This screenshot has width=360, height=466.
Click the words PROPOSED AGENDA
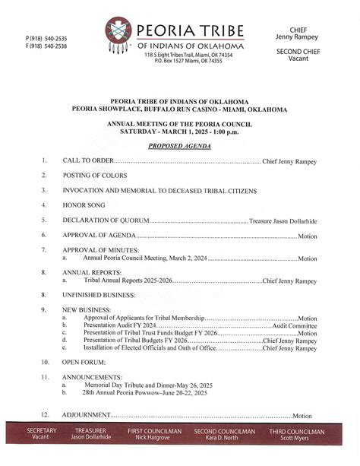pyautogui.click(x=179, y=145)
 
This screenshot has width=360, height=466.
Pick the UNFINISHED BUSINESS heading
pyautogui.click(x=99, y=294)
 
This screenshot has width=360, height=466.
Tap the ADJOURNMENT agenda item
pyautogui.click(x=87, y=416)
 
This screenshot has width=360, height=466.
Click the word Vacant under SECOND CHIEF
pyautogui.click(x=302, y=59)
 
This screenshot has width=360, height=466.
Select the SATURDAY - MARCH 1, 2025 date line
pyautogui.click(x=180, y=131)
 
